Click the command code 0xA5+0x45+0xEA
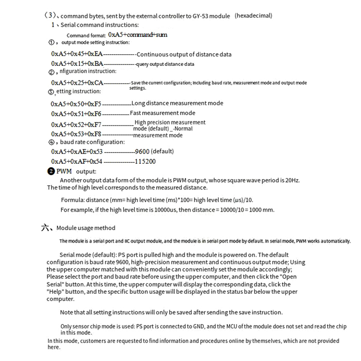77,54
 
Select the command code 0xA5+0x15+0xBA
77,64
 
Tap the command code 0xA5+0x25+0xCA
77,83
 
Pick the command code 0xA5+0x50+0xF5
77,104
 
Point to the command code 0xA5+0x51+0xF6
77,114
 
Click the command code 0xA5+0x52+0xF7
77,125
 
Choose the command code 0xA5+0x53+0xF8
77,134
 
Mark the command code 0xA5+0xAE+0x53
77,152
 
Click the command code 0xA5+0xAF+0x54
77,162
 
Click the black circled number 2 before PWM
51,171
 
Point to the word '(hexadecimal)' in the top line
254,16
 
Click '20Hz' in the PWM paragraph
291,180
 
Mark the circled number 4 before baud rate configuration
51,143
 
